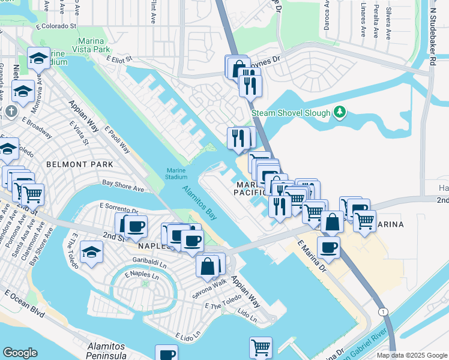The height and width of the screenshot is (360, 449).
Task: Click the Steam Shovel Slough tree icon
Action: [340, 112]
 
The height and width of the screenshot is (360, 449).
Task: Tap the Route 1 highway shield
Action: [382, 311]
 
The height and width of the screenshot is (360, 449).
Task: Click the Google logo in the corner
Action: [20, 352]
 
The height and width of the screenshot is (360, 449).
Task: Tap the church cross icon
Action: [10, 111]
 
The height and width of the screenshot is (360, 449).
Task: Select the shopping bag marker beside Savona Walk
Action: [207, 266]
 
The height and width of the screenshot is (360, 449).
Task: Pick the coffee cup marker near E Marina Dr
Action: [328, 247]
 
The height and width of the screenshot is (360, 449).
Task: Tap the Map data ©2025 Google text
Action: [412, 355]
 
